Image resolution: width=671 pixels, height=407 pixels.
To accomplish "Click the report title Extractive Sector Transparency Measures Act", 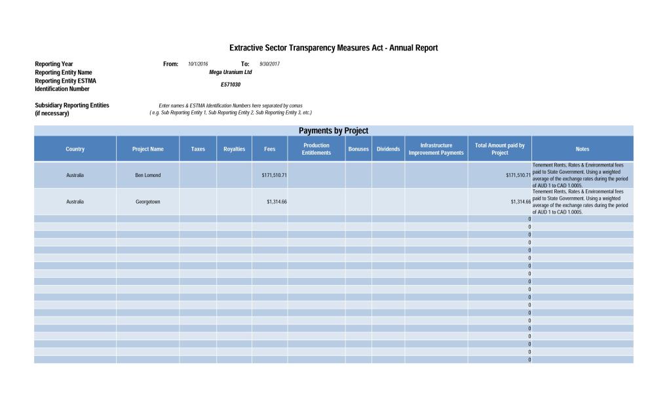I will point(333,48).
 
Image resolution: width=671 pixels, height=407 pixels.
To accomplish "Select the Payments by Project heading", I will point(334,130).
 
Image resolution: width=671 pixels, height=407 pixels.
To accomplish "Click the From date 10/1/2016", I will point(198,64).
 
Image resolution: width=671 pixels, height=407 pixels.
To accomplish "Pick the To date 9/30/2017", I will point(269,64).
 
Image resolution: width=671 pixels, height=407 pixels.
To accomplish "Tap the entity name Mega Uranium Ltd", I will point(230,72).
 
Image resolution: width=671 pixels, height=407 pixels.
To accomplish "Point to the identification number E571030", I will point(230,85).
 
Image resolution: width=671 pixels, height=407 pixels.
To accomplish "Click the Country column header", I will point(75,149).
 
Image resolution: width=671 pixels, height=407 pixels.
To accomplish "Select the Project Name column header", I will point(147,149).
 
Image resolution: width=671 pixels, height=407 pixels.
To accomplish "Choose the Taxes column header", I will point(197,149).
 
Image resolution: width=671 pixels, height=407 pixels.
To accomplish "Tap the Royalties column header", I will point(234,149).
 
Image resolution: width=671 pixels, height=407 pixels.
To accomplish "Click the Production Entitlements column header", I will point(316,149).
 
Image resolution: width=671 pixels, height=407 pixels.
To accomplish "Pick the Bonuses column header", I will point(358,149).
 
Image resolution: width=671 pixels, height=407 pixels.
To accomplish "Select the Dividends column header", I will point(388,149).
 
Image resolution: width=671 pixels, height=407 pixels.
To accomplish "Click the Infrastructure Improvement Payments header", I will point(436,149).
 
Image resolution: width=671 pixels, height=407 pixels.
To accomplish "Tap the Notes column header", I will point(582,149).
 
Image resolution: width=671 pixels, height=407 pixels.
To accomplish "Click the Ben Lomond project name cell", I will point(147,175).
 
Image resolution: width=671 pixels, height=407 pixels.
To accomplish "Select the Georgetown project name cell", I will point(147,201).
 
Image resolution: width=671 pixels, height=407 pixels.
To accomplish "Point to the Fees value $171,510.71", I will point(274,175).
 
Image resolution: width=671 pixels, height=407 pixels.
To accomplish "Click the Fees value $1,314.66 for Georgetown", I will point(277,201).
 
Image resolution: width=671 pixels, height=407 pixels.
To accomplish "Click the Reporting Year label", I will point(54,64).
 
